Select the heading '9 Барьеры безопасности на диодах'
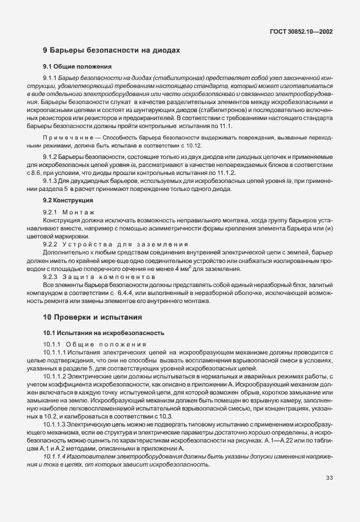111,50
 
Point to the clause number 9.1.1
51,77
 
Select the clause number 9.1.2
51,156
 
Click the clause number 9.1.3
51,180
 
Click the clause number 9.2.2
51,244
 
